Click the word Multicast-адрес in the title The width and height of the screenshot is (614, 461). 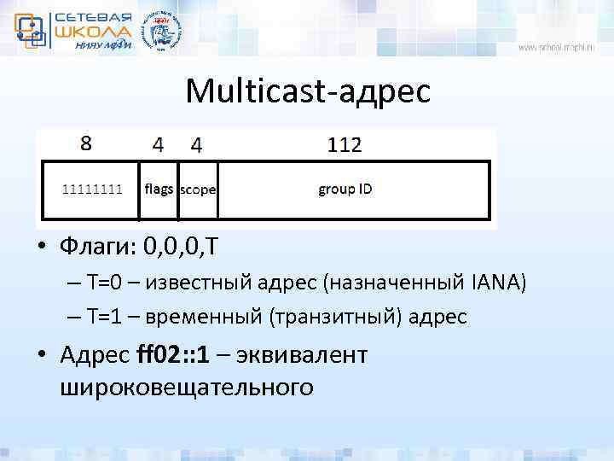point(308,90)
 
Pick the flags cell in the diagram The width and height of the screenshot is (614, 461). point(159,189)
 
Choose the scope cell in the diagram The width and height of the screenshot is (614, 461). point(198,190)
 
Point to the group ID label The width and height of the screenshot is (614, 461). point(345,189)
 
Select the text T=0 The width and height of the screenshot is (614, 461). point(106,283)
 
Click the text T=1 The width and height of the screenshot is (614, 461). point(106,318)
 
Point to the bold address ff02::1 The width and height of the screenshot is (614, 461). point(177,353)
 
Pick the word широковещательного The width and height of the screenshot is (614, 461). point(187,388)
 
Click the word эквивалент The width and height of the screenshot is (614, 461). point(310,353)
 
